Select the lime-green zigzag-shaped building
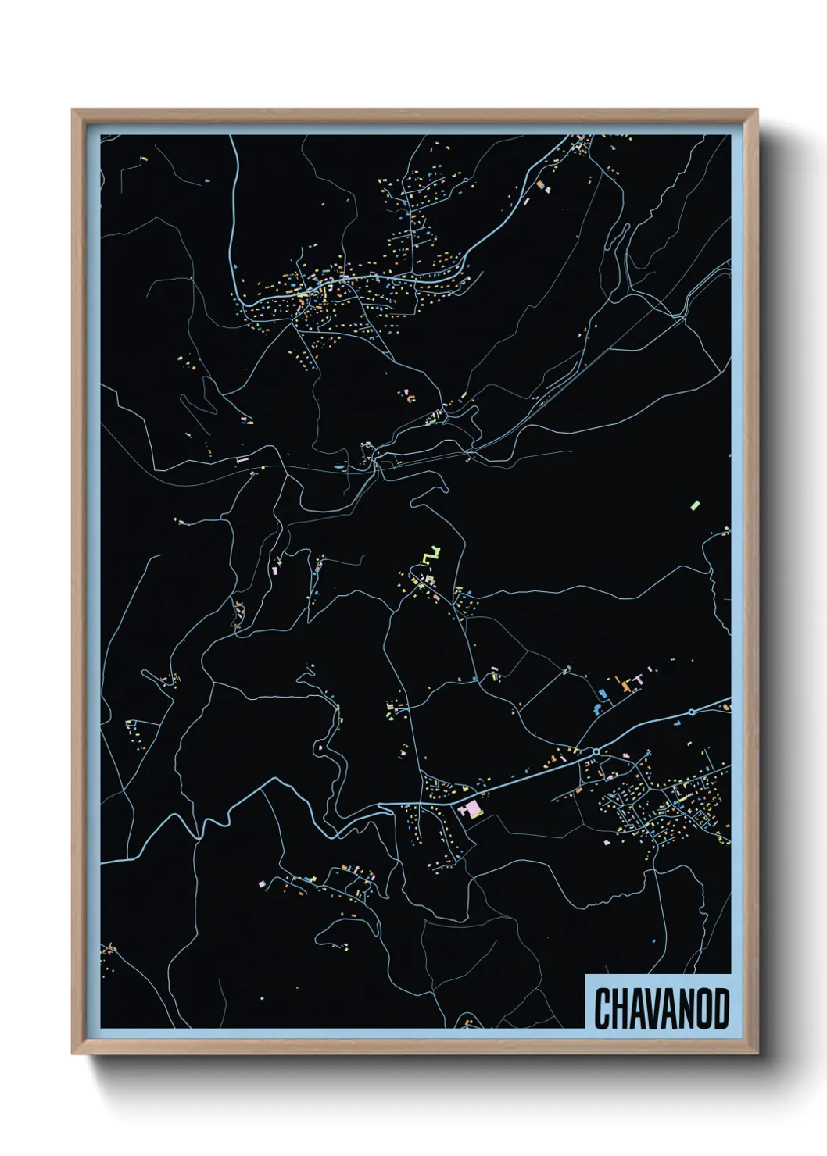point(431,555)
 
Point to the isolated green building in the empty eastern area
point(695,505)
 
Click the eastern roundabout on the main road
point(692,712)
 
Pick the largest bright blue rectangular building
point(603,692)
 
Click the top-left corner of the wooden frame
point(73,110)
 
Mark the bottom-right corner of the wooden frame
point(757,1054)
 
